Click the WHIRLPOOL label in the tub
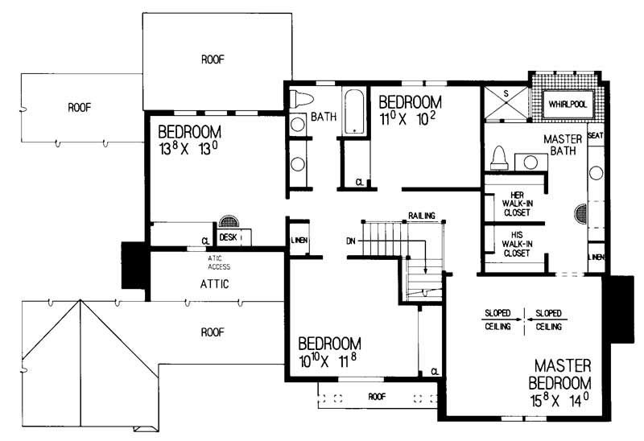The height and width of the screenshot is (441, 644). point(567,104)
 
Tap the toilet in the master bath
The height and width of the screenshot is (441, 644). point(498,158)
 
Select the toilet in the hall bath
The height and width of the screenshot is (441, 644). point(301,101)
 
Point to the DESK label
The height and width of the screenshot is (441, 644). point(228,238)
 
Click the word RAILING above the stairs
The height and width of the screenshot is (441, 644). point(421,216)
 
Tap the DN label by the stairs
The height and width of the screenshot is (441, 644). point(350,240)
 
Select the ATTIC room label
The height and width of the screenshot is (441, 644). point(215,283)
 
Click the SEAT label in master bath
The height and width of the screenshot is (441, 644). point(596,135)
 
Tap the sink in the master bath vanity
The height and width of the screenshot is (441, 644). point(531,161)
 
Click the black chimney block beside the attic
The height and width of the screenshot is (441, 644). point(131,265)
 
